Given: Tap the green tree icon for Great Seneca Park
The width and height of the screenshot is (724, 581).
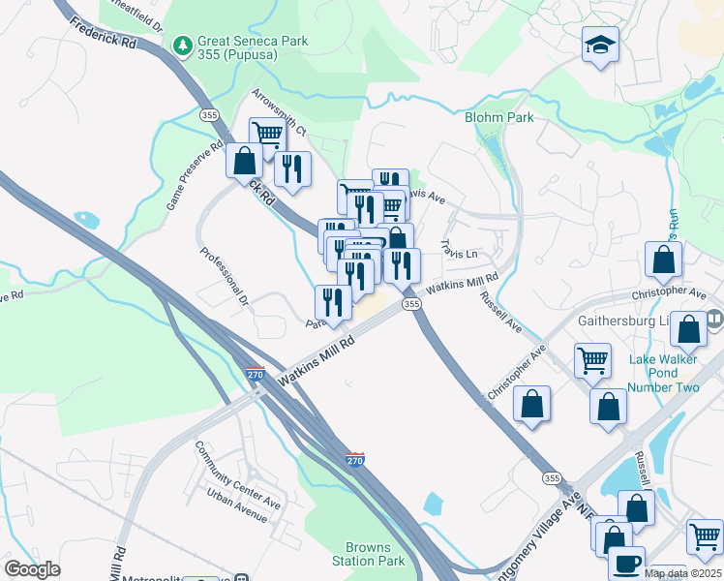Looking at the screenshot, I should tap(182, 45).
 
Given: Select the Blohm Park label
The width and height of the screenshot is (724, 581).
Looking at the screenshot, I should tap(498, 117).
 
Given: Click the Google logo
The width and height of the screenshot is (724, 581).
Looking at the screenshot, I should tap(32, 569).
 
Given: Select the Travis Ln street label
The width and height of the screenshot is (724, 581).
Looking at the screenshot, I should tap(459, 250).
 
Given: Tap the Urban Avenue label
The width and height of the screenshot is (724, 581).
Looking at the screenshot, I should tap(236, 505).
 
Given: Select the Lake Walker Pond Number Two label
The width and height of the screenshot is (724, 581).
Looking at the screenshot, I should tap(663, 373).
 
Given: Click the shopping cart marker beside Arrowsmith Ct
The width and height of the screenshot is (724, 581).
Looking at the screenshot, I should tap(266, 135).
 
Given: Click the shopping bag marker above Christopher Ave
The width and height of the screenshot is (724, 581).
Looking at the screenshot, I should tap(663, 260).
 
